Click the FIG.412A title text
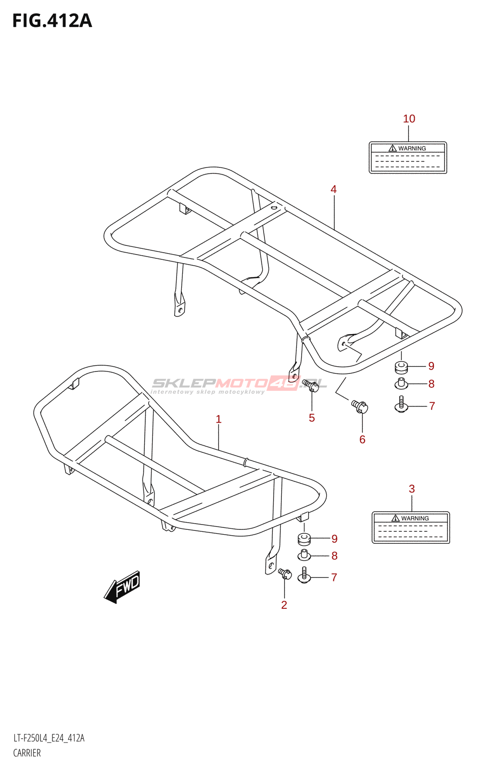52,21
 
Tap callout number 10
409,119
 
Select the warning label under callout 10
408,157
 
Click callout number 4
333,190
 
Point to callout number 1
218,419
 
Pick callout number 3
412,489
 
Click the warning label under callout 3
411,527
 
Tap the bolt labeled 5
311,385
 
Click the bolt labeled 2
285,574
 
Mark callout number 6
362,439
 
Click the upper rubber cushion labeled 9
401,367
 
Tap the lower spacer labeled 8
304,555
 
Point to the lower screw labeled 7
304,576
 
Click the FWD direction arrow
123,586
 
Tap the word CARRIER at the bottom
27,753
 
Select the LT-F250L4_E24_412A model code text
49,738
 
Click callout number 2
284,605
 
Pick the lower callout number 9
334,539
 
